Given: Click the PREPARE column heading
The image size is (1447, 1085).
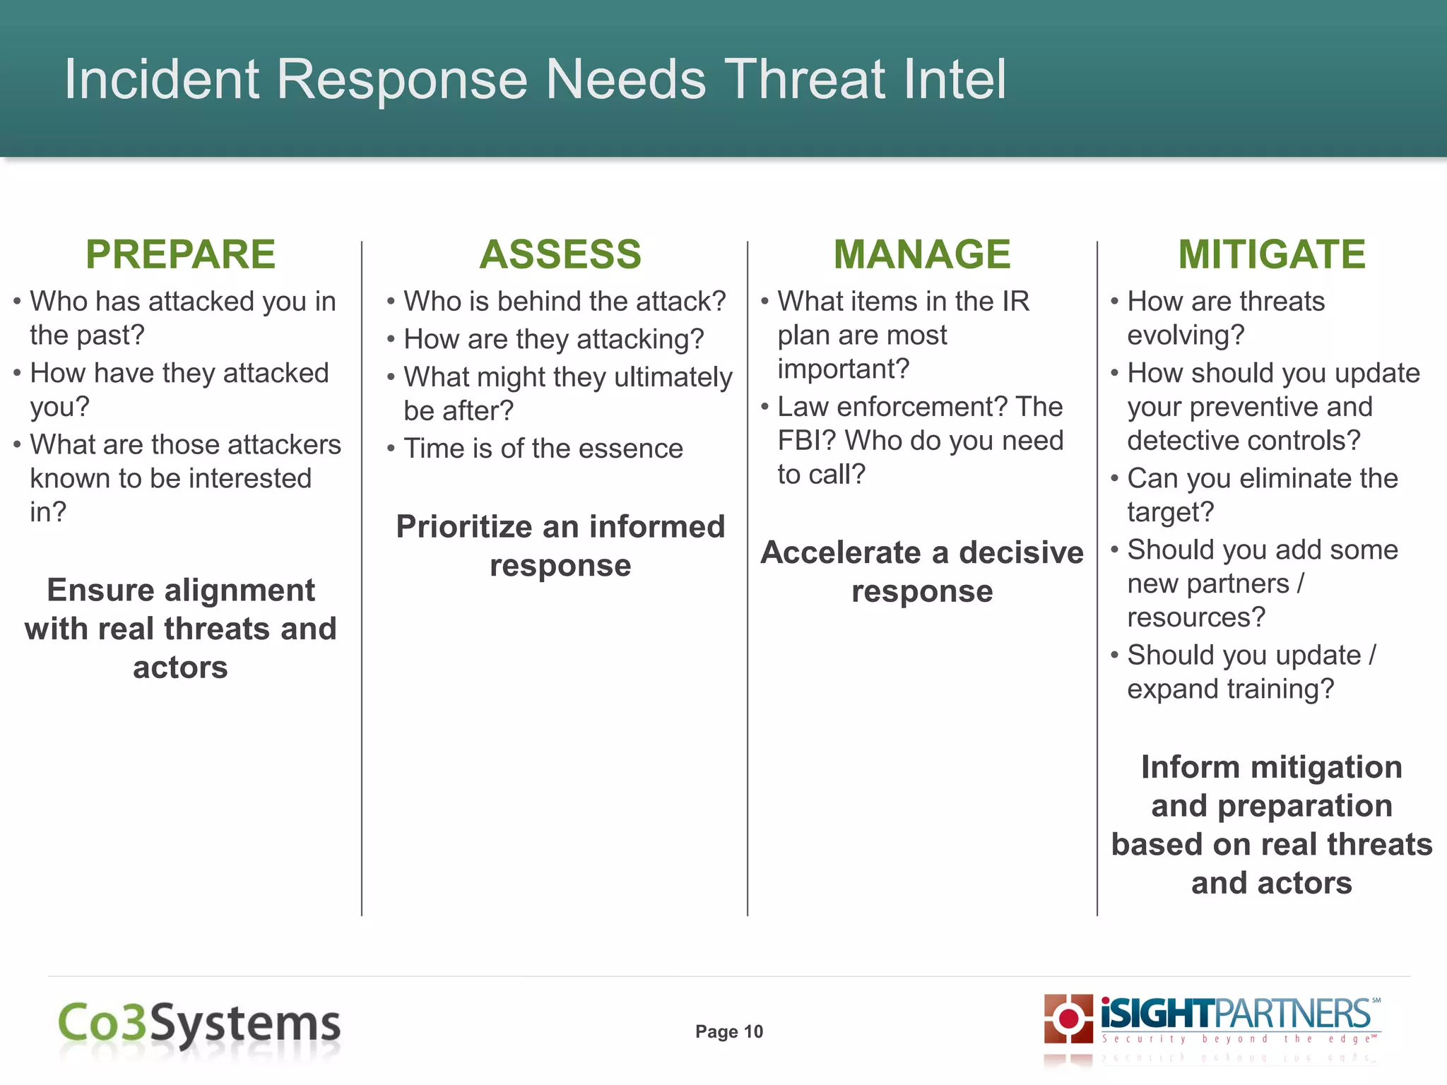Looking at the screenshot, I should (x=180, y=254).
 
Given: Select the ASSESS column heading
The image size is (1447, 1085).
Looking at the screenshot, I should (x=560, y=254).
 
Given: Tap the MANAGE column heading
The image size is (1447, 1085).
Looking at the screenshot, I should (x=922, y=254).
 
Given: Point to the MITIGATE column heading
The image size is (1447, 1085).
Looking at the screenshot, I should (x=1272, y=254).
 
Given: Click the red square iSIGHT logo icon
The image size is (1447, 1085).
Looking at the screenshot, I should (x=1068, y=1019).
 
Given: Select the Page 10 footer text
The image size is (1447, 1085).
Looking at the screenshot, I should (x=729, y=1032).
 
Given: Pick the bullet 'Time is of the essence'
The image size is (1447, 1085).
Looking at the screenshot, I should (x=543, y=449).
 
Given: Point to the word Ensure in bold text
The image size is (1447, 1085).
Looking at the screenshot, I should (x=100, y=591).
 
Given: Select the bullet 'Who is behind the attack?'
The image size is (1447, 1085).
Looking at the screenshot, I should (x=565, y=302).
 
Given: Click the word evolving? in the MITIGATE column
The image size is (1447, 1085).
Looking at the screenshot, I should (x=1186, y=335).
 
